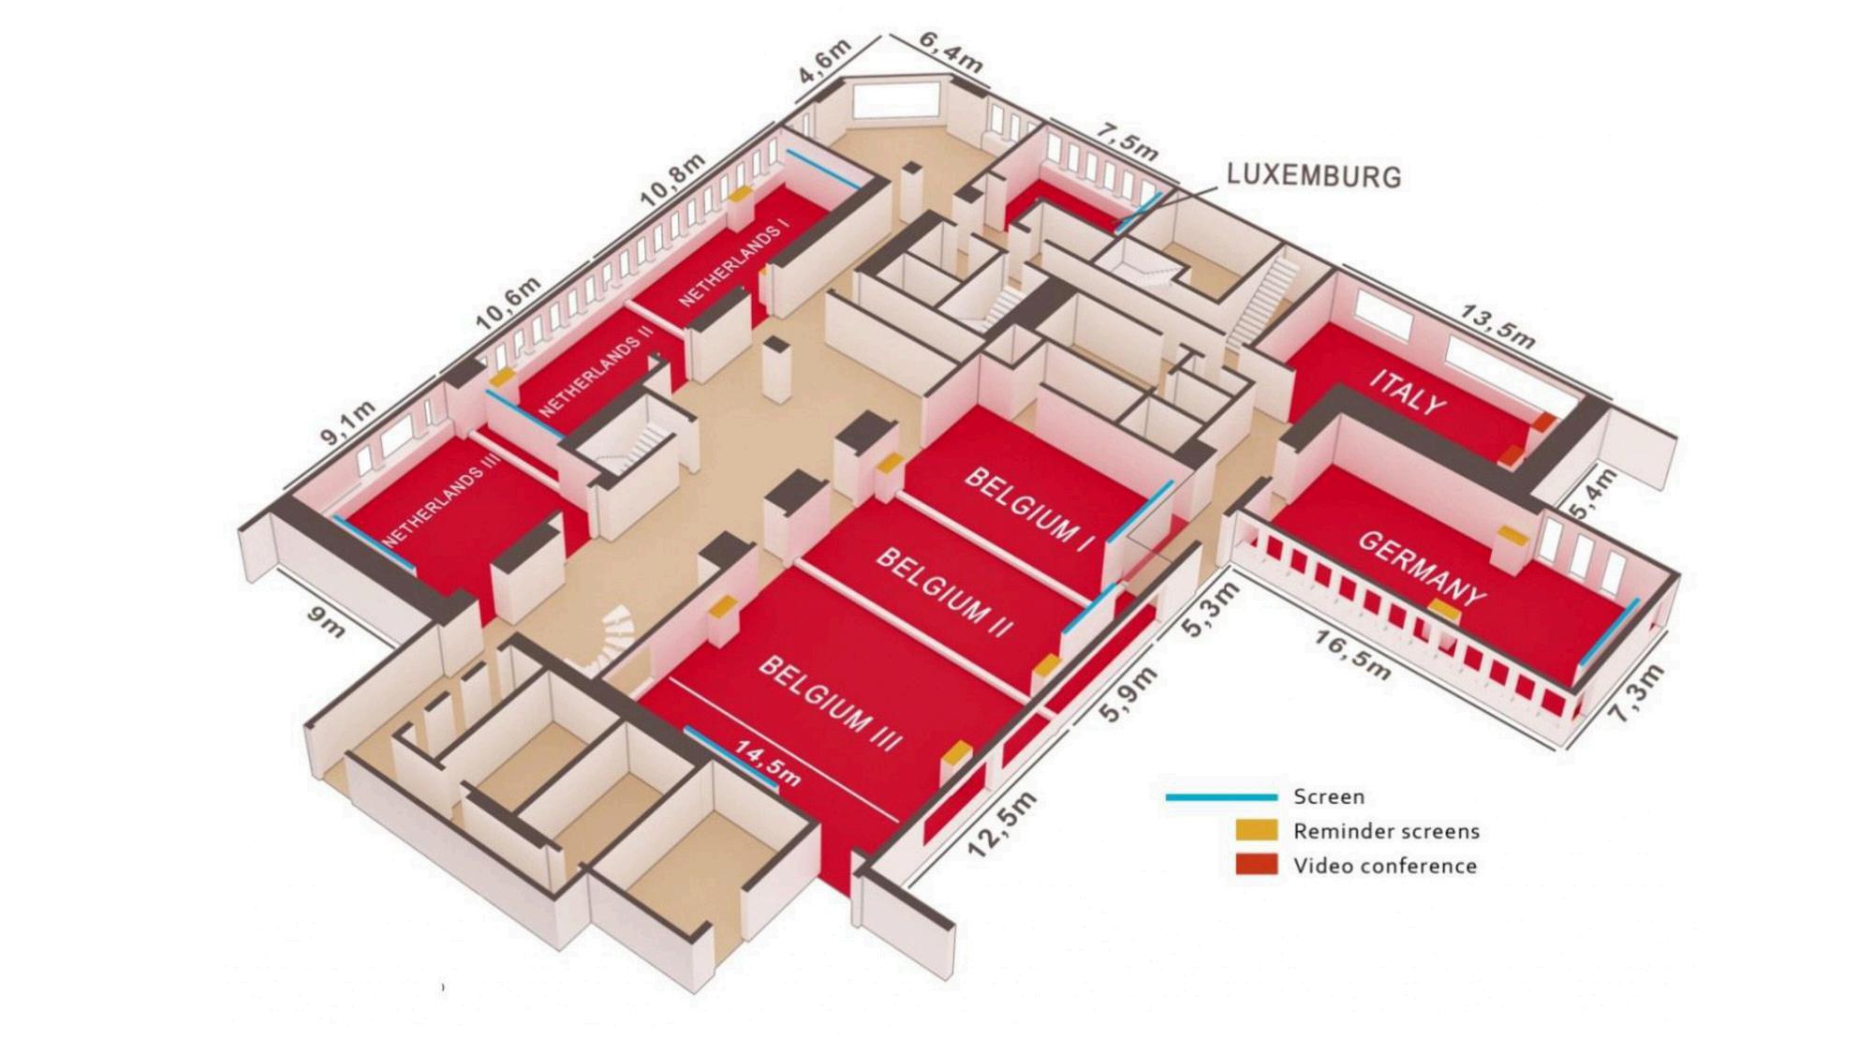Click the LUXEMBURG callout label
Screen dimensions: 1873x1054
click(x=1313, y=175)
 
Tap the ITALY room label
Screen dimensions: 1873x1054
click(x=1407, y=393)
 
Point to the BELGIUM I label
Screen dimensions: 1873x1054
click(x=1029, y=509)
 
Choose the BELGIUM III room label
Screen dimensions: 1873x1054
click(x=830, y=703)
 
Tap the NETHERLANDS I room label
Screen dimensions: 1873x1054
click(x=734, y=265)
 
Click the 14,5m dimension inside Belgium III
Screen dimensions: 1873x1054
click(x=767, y=763)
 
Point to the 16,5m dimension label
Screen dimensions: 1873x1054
click(x=1351, y=655)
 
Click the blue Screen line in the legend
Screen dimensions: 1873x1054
click(x=1221, y=797)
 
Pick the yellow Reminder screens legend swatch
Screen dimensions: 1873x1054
click(x=1256, y=830)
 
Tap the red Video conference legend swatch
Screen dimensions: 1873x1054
click(x=1256, y=864)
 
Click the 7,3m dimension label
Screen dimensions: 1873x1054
click(x=1637, y=692)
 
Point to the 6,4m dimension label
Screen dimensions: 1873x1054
click(x=950, y=52)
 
